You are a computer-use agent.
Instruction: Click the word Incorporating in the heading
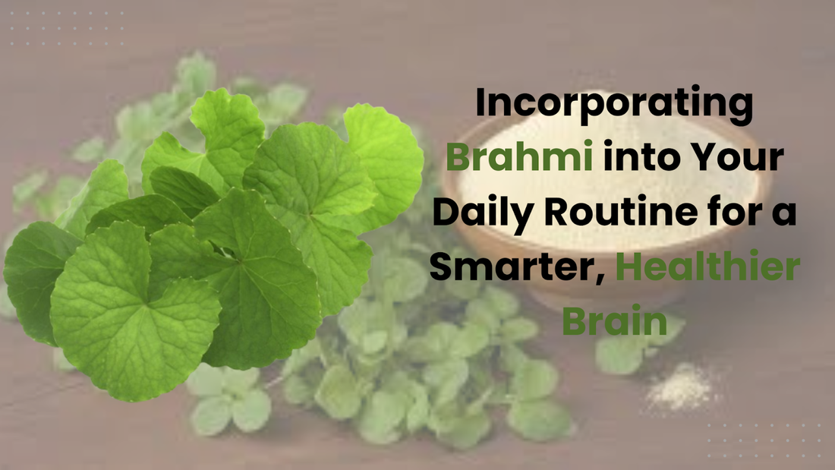[614, 105]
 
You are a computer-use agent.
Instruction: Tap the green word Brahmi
[519, 156]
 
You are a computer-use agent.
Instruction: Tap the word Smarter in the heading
[515, 267]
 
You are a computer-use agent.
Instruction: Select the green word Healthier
[707, 266]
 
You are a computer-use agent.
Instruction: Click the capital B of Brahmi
[459, 156]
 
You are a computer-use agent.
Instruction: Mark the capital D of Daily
[446, 211]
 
